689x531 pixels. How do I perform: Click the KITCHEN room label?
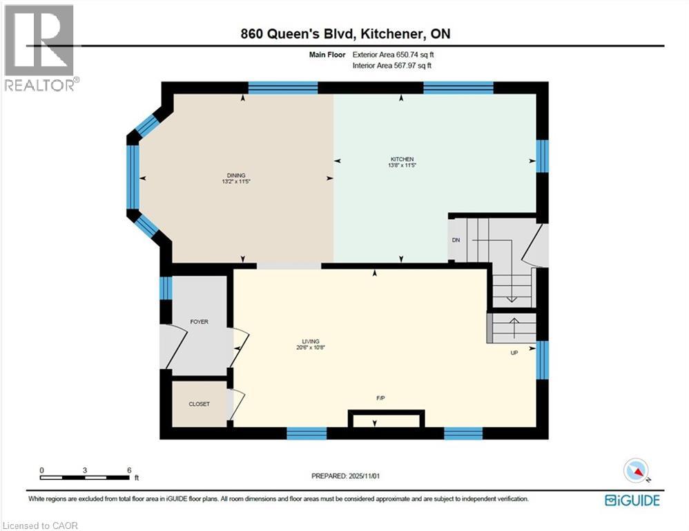(400, 159)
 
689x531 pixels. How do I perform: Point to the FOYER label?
(199, 322)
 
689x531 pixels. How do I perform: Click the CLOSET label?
(199, 404)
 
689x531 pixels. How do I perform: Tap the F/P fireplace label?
(380, 398)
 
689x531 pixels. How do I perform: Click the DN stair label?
(456, 240)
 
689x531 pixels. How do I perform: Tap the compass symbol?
(636, 472)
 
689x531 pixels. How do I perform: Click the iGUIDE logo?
(632, 500)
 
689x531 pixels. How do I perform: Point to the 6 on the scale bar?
(128, 469)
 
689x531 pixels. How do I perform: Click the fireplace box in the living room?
(386, 420)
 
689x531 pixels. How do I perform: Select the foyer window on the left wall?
(165, 288)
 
